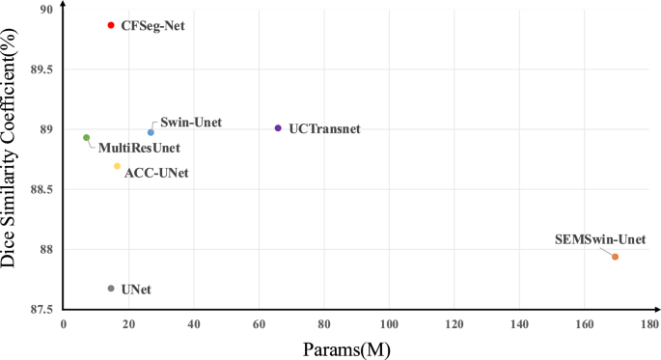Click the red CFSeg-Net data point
click(x=111, y=25)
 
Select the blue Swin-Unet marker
click(x=151, y=132)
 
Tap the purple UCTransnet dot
click(x=278, y=127)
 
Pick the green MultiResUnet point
click(x=86, y=138)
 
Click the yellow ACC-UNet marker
click(x=117, y=166)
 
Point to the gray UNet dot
click(x=111, y=289)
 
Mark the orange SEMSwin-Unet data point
click(x=615, y=257)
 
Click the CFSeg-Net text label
click(x=152, y=26)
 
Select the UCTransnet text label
click(x=324, y=128)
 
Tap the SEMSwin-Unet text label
click(x=600, y=239)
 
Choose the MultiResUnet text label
click(x=139, y=149)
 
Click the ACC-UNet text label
click(x=156, y=173)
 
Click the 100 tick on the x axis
click(x=390, y=325)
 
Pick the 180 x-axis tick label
click(x=650, y=325)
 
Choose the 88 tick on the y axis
click(x=45, y=249)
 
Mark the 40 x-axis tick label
click(x=194, y=325)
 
